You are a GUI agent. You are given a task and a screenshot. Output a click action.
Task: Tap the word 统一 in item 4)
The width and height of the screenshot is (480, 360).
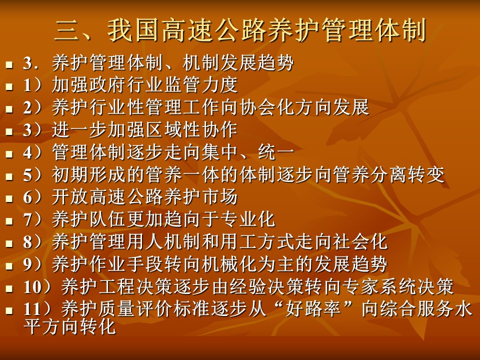click(x=276, y=152)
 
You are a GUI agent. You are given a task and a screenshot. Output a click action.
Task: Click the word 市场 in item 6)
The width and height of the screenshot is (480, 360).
click(x=220, y=197)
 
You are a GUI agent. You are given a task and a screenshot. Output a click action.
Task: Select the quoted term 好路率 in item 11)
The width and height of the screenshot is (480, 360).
click(x=312, y=309)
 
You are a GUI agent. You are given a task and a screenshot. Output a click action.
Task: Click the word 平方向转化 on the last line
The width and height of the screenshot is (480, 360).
click(x=70, y=326)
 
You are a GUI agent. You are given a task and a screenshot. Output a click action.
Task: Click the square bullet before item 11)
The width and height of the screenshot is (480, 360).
click(x=9, y=310)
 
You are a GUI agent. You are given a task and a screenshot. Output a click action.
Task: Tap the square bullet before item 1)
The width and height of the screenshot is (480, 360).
click(x=9, y=86)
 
